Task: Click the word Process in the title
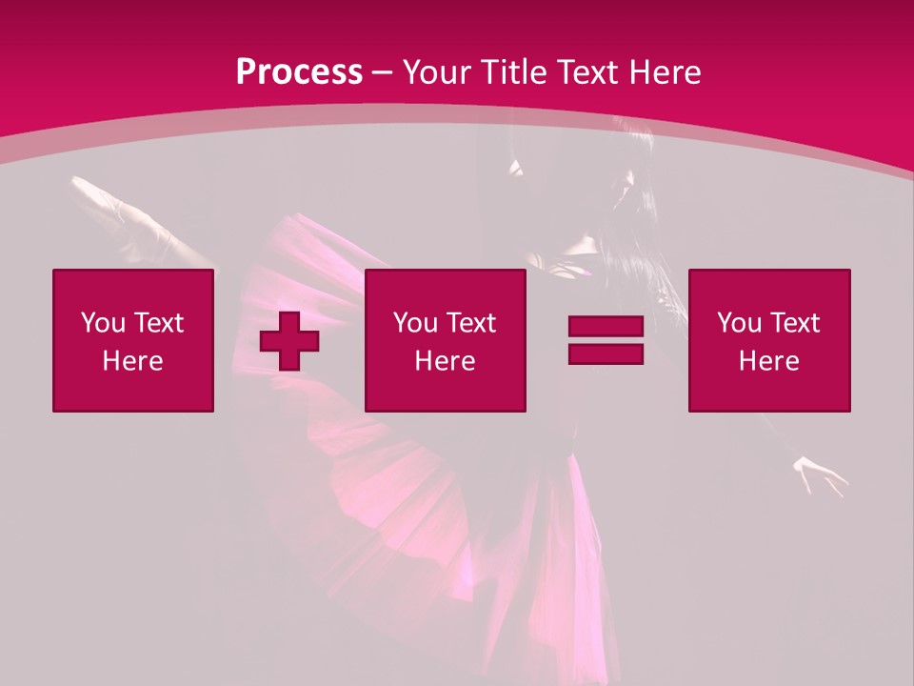pyautogui.click(x=299, y=72)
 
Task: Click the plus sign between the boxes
pyautogui.click(x=289, y=341)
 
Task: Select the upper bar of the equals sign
pyautogui.click(x=606, y=327)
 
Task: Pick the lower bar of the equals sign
pyautogui.click(x=606, y=353)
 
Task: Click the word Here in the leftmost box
pyautogui.click(x=132, y=361)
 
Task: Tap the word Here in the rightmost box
pyautogui.click(x=768, y=361)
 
